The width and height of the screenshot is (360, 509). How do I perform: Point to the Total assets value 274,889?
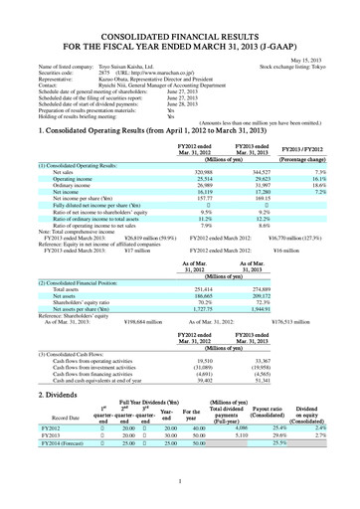pos(257,258)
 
